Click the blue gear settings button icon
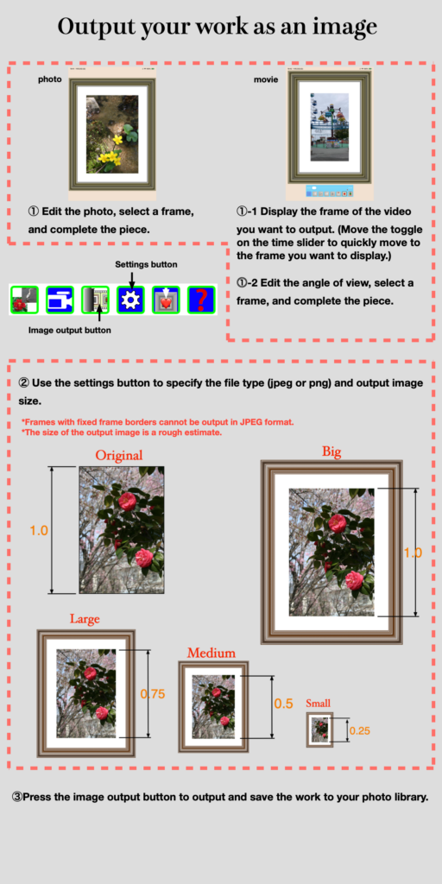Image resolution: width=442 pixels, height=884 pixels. [130, 300]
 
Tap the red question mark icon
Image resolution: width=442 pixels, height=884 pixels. [201, 300]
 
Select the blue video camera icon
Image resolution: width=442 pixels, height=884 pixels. [60, 300]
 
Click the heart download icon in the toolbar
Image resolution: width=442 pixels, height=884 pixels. [166, 300]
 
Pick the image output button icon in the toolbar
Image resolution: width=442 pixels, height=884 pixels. [95, 300]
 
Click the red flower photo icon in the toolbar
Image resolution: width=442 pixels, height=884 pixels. [23, 300]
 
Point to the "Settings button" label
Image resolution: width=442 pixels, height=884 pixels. [146, 264]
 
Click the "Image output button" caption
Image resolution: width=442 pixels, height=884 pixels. [69, 331]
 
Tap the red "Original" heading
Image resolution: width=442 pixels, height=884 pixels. [119, 455]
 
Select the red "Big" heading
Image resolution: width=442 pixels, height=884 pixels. [332, 451]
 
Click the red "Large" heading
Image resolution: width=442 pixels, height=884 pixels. [85, 618]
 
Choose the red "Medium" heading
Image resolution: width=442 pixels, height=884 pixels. [212, 653]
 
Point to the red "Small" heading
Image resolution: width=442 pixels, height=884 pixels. [318, 703]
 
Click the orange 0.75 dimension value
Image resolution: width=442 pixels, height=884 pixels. [152, 694]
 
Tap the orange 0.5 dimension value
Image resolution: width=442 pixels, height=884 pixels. [283, 704]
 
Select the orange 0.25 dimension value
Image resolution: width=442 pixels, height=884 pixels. [360, 731]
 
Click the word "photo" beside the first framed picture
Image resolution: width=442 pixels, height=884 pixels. [49, 79]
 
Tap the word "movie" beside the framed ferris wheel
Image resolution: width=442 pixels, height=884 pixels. [266, 79]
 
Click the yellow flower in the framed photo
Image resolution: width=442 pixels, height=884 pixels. [110, 155]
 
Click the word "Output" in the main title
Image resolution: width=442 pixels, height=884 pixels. [97, 27]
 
